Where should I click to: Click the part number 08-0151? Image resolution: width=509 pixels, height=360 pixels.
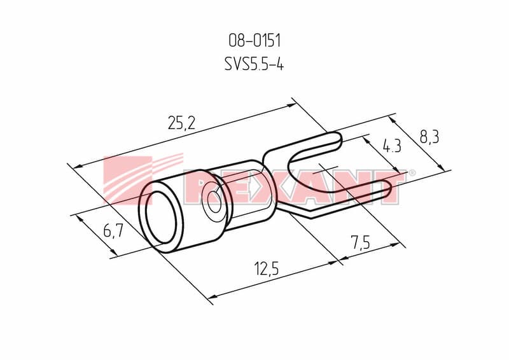[254, 41]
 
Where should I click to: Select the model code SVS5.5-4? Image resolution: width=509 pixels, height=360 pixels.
[254, 64]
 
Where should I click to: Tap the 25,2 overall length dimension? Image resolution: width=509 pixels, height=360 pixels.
[181, 123]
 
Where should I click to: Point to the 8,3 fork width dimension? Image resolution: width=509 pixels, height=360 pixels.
[429, 137]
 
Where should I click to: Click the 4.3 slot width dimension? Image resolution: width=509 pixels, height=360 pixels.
[392, 146]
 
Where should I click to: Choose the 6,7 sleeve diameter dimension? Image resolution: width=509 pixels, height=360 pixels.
[113, 231]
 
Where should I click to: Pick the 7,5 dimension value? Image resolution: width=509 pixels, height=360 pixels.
[360, 242]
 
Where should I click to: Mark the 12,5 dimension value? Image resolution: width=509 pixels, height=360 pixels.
[267, 269]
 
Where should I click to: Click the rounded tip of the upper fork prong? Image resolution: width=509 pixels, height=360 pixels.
[338, 141]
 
